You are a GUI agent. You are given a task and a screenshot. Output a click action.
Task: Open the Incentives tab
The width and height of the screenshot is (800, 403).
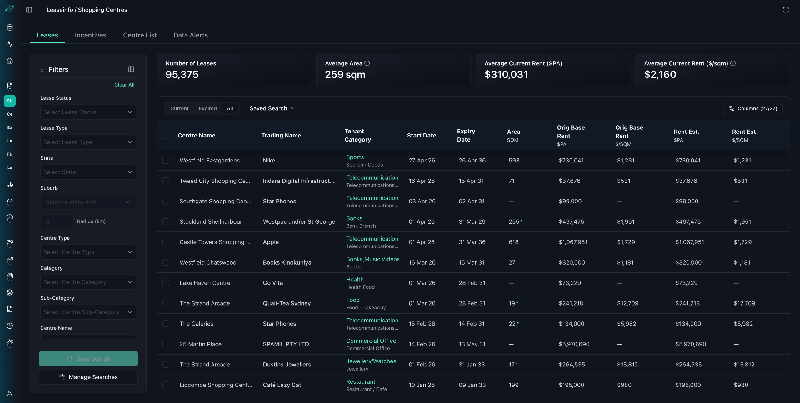click(x=91, y=35)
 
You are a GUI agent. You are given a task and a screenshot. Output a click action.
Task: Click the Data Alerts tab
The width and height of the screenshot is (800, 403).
click(x=191, y=35)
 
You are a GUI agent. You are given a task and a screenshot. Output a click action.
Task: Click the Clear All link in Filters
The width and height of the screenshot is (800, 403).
click(x=124, y=85)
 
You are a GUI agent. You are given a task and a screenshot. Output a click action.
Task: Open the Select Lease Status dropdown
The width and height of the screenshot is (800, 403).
click(x=88, y=112)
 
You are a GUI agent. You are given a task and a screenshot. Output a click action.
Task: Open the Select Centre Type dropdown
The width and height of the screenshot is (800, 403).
click(x=88, y=252)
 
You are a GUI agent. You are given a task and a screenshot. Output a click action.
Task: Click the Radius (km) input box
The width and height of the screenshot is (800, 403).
click(x=57, y=222)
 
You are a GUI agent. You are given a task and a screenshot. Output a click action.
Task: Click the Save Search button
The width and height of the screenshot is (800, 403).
click(x=88, y=359)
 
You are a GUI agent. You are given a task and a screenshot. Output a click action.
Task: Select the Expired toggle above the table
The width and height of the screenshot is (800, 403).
click(x=208, y=108)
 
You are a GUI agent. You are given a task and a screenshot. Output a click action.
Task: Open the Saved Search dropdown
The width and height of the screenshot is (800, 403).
click(x=272, y=108)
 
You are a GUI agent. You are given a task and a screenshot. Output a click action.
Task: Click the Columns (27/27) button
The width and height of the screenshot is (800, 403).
click(x=753, y=108)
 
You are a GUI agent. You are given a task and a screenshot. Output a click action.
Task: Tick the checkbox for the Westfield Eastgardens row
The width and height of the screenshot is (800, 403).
click(x=166, y=161)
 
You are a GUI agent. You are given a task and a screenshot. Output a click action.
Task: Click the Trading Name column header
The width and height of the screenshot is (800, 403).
click(x=281, y=136)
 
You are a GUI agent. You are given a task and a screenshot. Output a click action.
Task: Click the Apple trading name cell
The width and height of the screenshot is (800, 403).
click(x=271, y=242)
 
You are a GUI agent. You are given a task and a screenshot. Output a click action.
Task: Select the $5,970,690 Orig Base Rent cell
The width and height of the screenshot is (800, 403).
click(x=574, y=344)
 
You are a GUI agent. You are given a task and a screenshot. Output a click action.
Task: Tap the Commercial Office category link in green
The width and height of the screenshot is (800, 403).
click(x=371, y=341)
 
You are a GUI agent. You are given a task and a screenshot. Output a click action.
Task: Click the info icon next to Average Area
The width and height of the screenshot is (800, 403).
click(x=367, y=63)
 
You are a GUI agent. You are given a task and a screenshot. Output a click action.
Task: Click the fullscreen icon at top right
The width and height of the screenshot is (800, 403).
click(x=786, y=10)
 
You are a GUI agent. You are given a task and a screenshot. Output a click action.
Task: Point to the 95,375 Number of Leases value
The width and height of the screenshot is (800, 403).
click(x=182, y=75)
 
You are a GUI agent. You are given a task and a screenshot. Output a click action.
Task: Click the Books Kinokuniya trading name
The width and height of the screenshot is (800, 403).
click(x=287, y=263)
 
